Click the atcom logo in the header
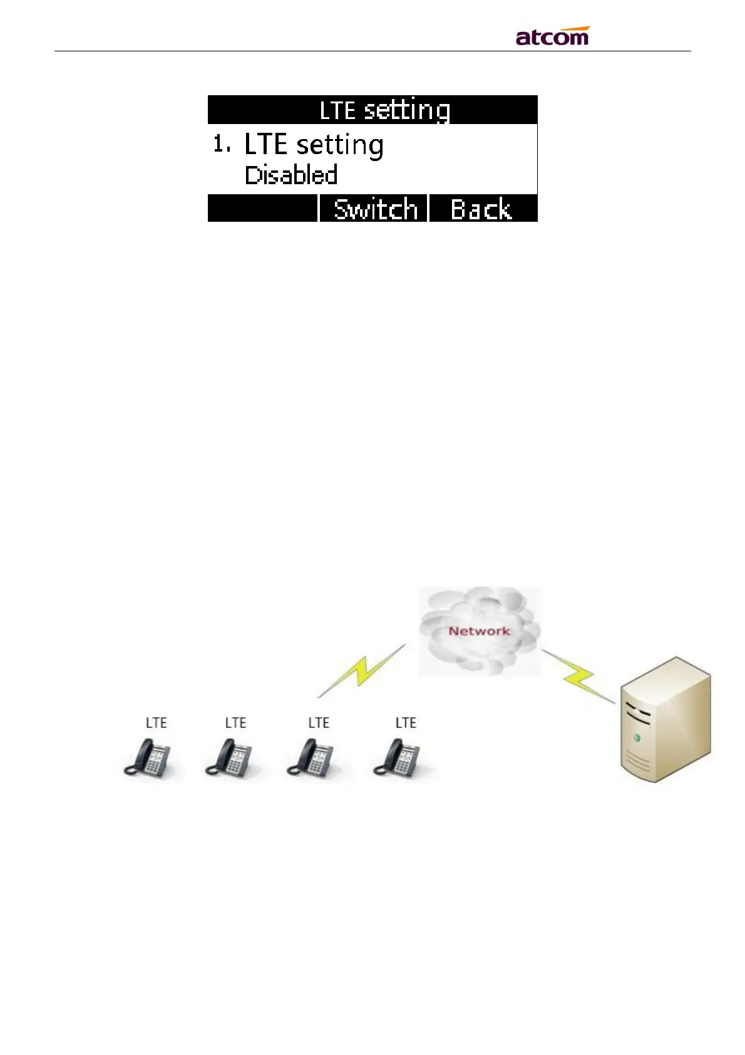pyautogui.click(x=552, y=36)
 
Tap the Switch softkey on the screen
pyautogui.click(x=375, y=209)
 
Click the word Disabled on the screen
pyautogui.click(x=291, y=175)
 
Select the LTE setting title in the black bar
pyautogui.click(x=384, y=110)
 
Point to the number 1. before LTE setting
pyautogui.click(x=221, y=145)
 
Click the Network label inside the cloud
pyautogui.click(x=479, y=631)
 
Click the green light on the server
pyautogui.click(x=637, y=738)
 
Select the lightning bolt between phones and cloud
pyautogui.click(x=362, y=671)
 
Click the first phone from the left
pyautogui.click(x=148, y=758)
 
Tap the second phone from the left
pyautogui.click(x=229, y=758)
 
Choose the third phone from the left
pyautogui.click(x=311, y=758)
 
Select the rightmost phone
pyautogui.click(x=398, y=758)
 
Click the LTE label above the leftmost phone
pyautogui.click(x=156, y=723)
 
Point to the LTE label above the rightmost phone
pyautogui.click(x=406, y=723)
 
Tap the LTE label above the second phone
pyautogui.click(x=235, y=723)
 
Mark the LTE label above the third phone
pyautogui.click(x=319, y=723)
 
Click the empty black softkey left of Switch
pyautogui.click(x=263, y=209)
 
